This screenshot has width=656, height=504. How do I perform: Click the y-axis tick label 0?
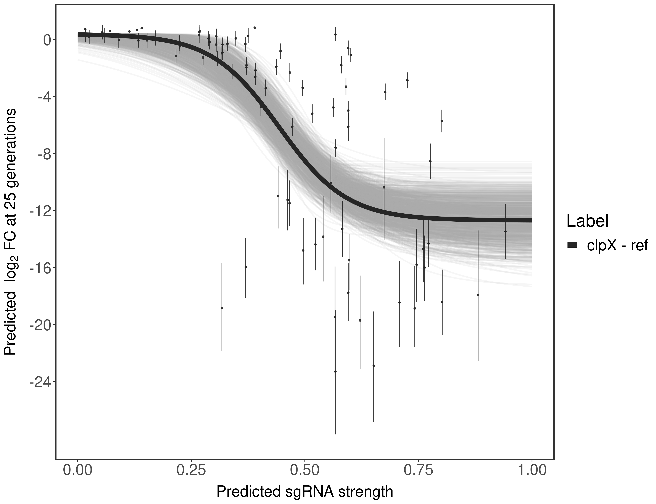47,40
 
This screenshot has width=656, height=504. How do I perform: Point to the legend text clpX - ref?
617,245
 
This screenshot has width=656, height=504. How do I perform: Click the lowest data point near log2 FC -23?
335,371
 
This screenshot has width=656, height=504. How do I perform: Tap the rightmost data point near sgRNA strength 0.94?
505,231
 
